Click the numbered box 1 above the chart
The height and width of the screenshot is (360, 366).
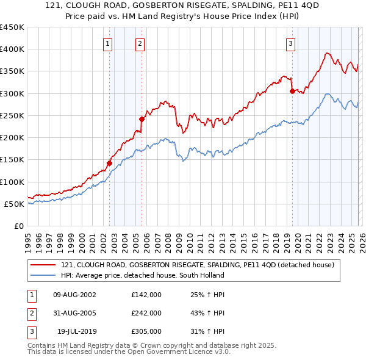(x=108, y=43)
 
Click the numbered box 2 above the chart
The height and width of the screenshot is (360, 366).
(x=140, y=43)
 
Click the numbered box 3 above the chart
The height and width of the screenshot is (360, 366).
(x=290, y=43)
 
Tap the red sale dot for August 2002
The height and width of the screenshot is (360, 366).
(x=110, y=163)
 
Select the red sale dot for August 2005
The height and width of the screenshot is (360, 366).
(x=142, y=119)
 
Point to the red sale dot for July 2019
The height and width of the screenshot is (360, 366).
(x=292, y=92)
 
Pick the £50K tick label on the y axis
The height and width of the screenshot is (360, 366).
(x=14, y=204)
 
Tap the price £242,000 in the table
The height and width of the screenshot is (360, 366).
(x=146, y=313)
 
